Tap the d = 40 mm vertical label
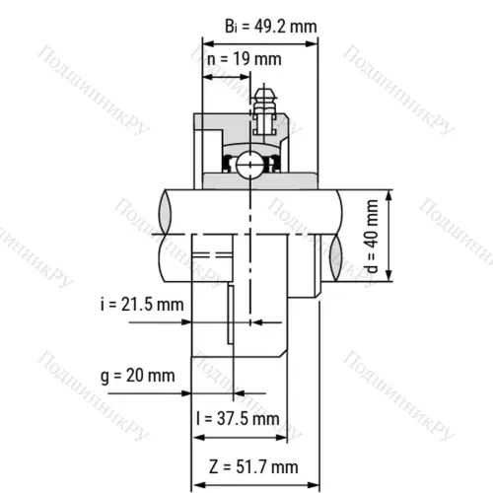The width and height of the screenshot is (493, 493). point(371,237)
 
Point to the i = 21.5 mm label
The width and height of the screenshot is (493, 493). point(140,305)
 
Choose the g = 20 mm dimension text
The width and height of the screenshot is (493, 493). point(137,377)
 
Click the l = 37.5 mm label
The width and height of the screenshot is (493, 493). point(238,418)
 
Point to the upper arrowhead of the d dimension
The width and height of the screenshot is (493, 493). point(390,193)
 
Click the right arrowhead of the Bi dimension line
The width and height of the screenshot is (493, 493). point(315,43)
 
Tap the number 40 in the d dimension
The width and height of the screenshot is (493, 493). point(371,224)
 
